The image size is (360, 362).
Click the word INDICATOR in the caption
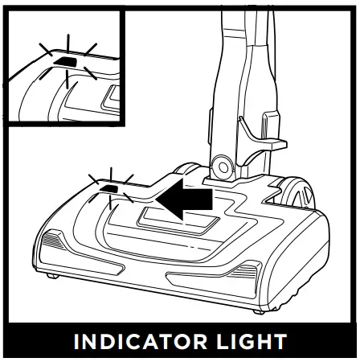click(x=141, y=341)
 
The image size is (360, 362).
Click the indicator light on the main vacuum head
click(x=108, y=190)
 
